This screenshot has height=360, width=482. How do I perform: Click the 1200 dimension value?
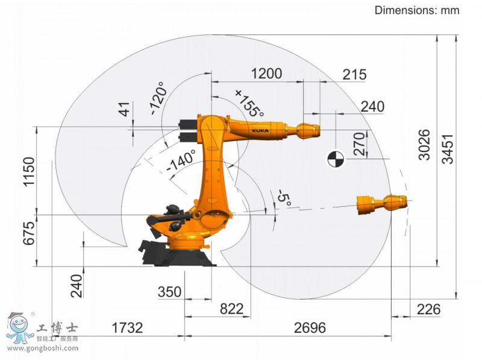[266, 74]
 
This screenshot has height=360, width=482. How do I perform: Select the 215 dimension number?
[354, 74]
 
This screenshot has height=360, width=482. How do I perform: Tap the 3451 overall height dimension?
[448, 149]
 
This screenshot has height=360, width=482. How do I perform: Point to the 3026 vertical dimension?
[424, 145]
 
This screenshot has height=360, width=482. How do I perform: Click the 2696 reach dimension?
[310, 327]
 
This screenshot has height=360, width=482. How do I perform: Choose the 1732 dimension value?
[127, 327]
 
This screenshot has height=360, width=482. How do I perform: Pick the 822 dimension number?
[232, 309]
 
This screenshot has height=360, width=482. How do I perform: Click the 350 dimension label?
[169, 291]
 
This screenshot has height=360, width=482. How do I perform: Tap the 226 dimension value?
[428, 309]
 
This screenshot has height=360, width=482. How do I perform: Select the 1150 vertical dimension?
[29, 172]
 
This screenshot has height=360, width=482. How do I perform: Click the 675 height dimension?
[29, 233]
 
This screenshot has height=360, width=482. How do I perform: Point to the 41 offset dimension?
[125, 109]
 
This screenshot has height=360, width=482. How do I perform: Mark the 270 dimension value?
[359, 144]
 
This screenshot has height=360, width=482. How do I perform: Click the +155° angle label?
[249, 103]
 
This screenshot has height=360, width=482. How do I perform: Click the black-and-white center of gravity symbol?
[336, 159]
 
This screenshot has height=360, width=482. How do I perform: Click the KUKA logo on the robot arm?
[260, 130]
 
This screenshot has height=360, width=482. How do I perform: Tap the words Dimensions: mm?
[417, 10]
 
